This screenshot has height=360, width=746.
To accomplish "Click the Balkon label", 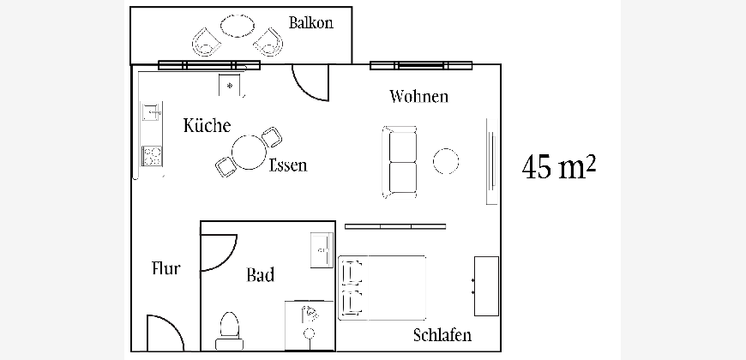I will [311, 23].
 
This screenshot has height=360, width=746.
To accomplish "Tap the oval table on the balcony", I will [238, 26].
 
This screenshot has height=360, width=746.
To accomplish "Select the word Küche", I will [207, 126].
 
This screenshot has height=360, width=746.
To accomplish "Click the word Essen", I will [287, 165].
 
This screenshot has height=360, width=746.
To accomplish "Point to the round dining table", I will [250, 153].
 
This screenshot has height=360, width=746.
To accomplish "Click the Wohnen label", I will [418, 96].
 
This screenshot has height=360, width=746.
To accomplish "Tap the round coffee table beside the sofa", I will [447, 161].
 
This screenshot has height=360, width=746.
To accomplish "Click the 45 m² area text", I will [558, 167].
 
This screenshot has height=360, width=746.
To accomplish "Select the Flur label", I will [165, 269].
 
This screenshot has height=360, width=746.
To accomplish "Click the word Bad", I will [260, 275].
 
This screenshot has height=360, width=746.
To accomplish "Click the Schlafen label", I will [442, 334].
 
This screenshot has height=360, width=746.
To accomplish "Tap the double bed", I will [382, 287].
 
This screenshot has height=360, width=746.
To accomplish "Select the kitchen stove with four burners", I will [152, 156].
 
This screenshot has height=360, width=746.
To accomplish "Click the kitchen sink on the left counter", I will [151, 111].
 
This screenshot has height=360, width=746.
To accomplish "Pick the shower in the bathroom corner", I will [310, 324].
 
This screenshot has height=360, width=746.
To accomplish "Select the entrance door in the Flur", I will [163, 333].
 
